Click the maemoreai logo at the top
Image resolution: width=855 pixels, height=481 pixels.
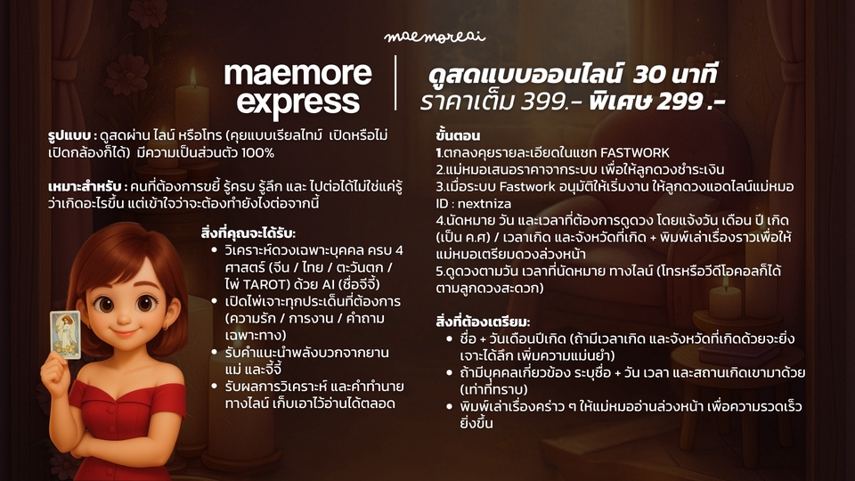(x=427, y=37)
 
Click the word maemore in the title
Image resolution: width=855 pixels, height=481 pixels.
(x=297, y=72)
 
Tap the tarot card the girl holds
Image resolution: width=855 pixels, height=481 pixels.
(x=66, y=334)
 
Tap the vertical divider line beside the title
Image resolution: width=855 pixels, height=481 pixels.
(x=395, y=86)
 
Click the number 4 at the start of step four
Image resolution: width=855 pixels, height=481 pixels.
(x=439, y=220)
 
